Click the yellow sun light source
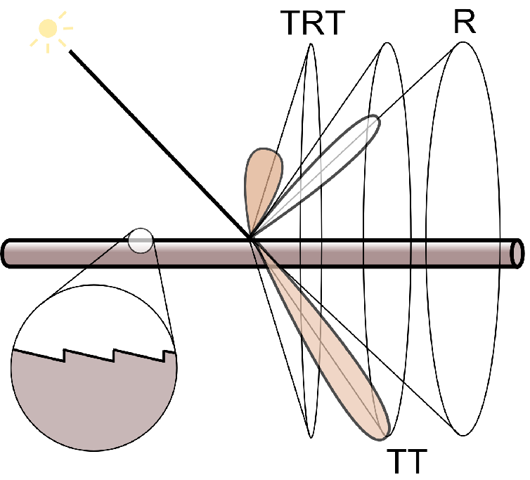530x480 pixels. [x=48, y=28]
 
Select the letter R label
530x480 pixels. [x=464, y=22]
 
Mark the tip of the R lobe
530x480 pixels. [x=379, y=120]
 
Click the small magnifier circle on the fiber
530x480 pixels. [x=141, y=240]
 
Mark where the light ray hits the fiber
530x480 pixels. [x=251, y=239]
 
